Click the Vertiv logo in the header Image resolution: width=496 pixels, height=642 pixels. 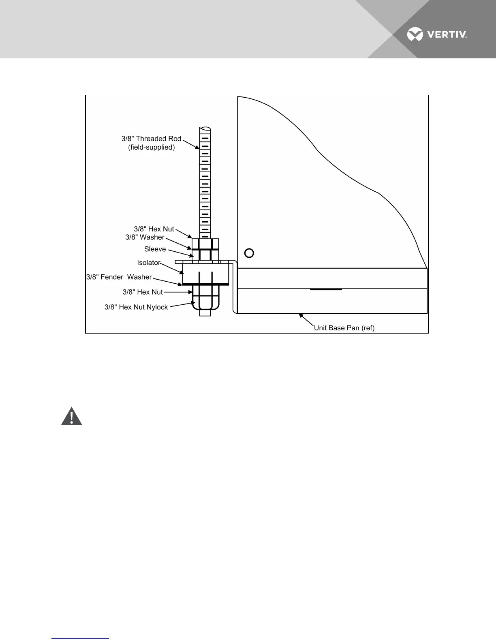(x=437, y=34)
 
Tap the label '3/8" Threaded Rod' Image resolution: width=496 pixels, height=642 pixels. (x=151, y=139)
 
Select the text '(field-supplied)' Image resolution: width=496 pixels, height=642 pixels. (x=151, y=148)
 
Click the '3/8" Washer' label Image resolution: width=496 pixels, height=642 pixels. (x=145, y=237)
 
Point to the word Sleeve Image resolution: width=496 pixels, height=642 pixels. (x=155, y=249)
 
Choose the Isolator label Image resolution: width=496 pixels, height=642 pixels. (x=149, y=263)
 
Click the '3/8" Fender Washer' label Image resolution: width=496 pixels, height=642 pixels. (x=119, y=277)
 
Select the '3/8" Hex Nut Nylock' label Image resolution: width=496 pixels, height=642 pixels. (x=136, y=307)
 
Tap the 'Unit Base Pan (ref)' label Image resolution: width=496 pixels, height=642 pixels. (x=344, y=328)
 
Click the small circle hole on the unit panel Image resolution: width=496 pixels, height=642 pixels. (x=249, y=253)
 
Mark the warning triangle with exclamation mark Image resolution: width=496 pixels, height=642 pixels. (x=72, y=416)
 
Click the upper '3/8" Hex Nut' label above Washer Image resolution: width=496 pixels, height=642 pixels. (x=154, y=229)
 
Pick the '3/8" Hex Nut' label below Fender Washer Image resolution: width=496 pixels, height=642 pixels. (x=143, y=292)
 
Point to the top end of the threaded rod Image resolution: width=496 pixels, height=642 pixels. (x=205, y=130)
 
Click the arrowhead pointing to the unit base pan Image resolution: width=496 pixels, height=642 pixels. (x=300, y=315)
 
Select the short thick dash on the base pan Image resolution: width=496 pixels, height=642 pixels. (x=326, y=289)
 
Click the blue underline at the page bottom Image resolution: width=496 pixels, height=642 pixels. (x=80, y=638)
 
